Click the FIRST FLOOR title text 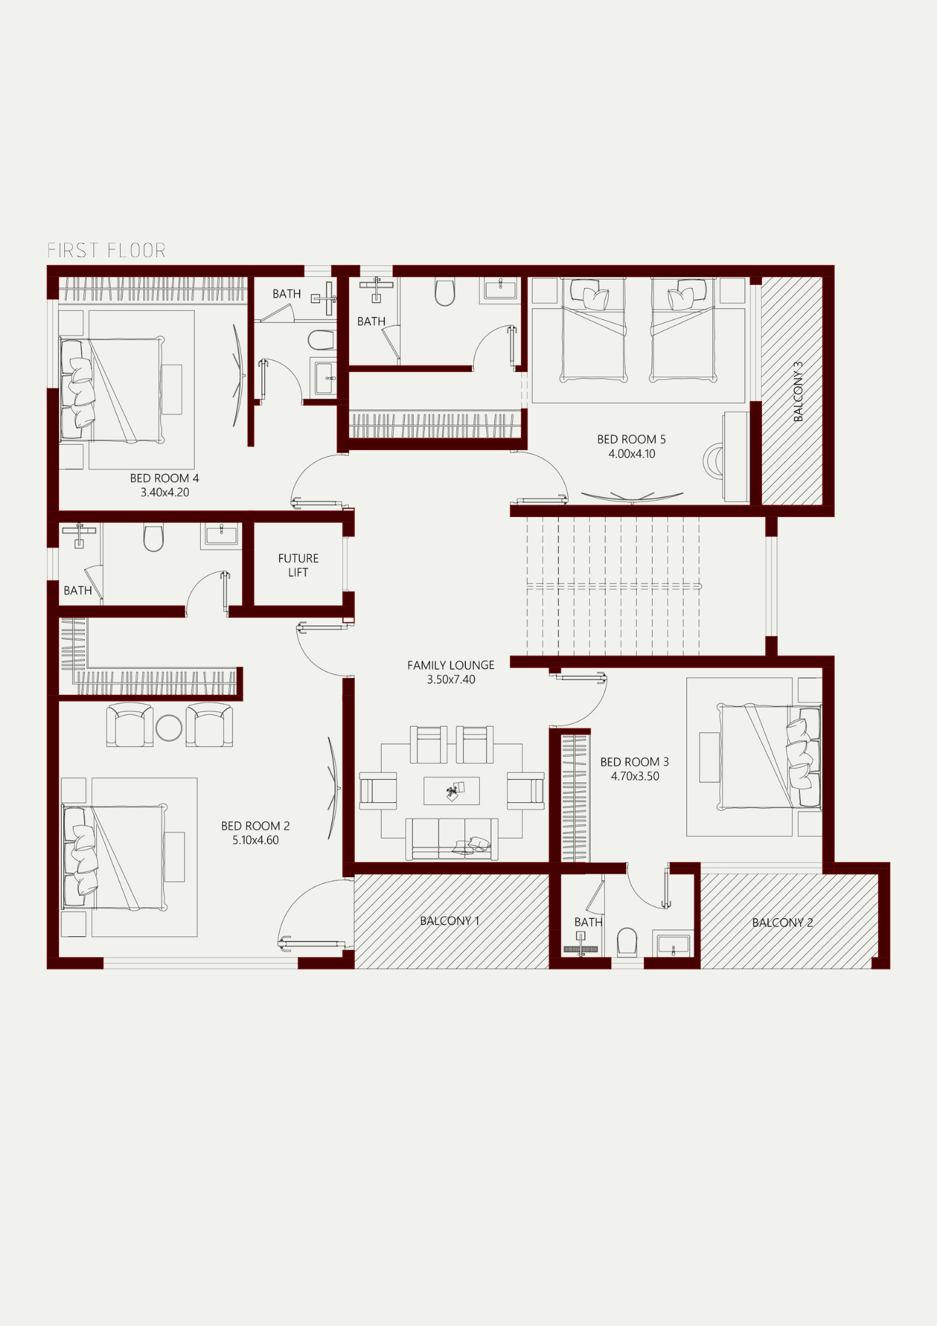[x=107, y=251]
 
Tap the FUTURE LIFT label [x=298, y=566]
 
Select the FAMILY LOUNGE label [x=451, y=665]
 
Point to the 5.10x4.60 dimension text [x=255, y=840]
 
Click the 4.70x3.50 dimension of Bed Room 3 [x=635, y=776]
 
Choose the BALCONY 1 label [x=449, y=921]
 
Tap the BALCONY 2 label [x=782, y=923]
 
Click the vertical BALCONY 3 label [x=798, y=392]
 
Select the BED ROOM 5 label [x=631, y=440]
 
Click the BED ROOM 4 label [x=164, y=478]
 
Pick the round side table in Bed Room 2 [x=169, y=728]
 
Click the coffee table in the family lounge [x=452, y=790]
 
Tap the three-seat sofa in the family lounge [x=451, y=839]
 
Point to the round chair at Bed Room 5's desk [x=713, y=459]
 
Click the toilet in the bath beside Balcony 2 [x=627, y=941]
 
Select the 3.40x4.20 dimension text [x=164, y=493]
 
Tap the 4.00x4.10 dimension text [x=632, y=454]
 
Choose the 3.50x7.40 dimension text [x=451, y=680]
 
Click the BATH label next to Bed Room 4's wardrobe [x=286, y=294]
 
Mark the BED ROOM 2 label [x=255, y=826]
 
